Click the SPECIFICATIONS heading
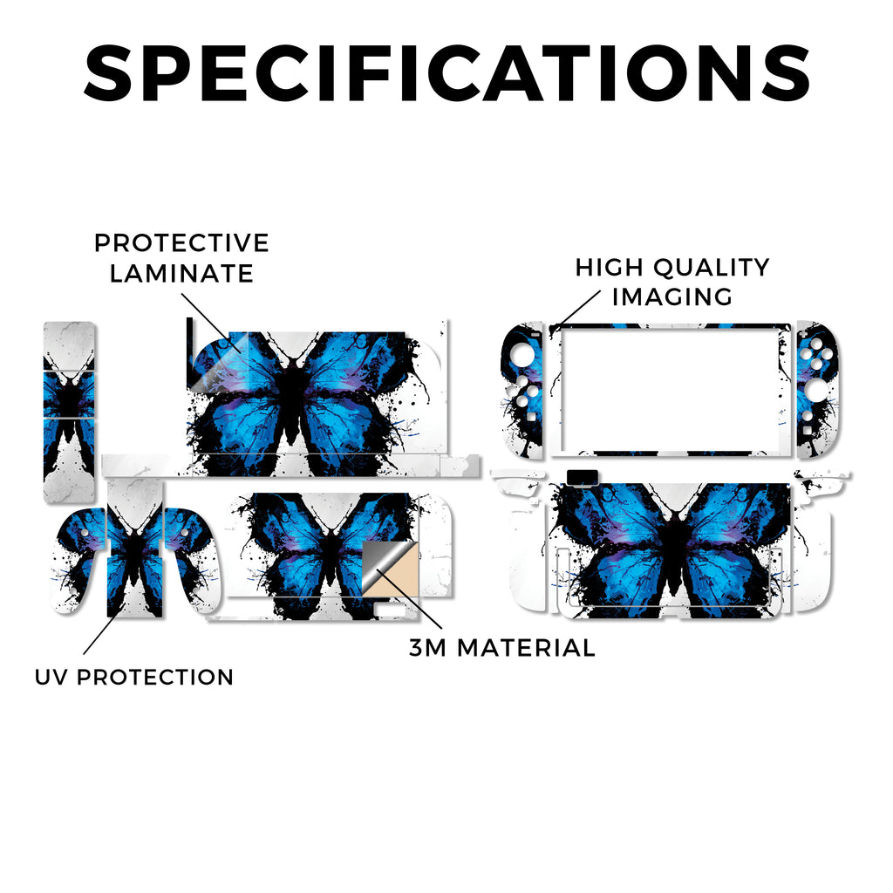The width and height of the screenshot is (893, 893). [x=447, y=73]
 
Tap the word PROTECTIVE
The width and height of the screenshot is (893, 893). [x=181, y=243]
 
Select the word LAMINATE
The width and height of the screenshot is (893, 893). [x=181, y=273]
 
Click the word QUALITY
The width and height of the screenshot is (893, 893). [x=712, y=268]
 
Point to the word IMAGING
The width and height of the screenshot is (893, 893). [x=672, y=297]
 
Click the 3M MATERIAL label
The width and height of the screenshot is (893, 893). [x=502, y=648]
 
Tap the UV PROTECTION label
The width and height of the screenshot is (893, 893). [x=134, y=677]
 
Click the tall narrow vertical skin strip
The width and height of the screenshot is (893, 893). [x=70, y=412]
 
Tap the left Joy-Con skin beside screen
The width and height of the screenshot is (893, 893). [x=523, y=390]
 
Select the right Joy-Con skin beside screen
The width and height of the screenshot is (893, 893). [x=817, y=390]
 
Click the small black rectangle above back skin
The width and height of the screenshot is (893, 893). [x=583, y=477]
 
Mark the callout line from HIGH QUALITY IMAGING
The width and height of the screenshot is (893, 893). [x=576, y=309]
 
